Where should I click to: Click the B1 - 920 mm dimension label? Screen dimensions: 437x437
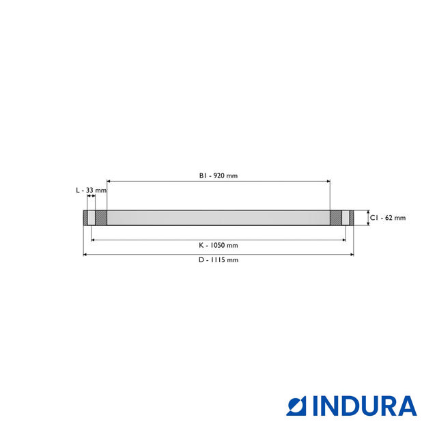click(218, 175)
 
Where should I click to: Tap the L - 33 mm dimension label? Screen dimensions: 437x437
click(91, 190)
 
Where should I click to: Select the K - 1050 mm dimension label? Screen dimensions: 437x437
click(218, 245)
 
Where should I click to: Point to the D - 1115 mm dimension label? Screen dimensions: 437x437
click(218, 260)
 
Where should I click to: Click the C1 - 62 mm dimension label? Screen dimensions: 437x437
click(388, 218)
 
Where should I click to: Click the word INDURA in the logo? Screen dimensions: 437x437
click(365, 406)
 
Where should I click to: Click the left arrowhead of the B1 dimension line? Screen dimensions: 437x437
click(109, 181)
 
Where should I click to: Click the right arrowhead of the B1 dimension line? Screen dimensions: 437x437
click(328, 181)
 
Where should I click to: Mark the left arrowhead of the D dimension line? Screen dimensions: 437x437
click(85, 255)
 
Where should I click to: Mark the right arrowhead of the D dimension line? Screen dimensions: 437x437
click(352, 255)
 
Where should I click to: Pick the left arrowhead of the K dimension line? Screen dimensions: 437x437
click(93, 240)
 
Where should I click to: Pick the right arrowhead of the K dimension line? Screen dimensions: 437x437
click(343, 240)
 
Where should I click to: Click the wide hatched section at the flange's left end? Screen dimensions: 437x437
click(101, 218)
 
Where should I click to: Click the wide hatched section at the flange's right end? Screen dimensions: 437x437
click(335, 218)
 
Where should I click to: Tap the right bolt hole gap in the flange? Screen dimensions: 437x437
click(346, 218)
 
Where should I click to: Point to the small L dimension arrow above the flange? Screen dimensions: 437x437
click(91, 198)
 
